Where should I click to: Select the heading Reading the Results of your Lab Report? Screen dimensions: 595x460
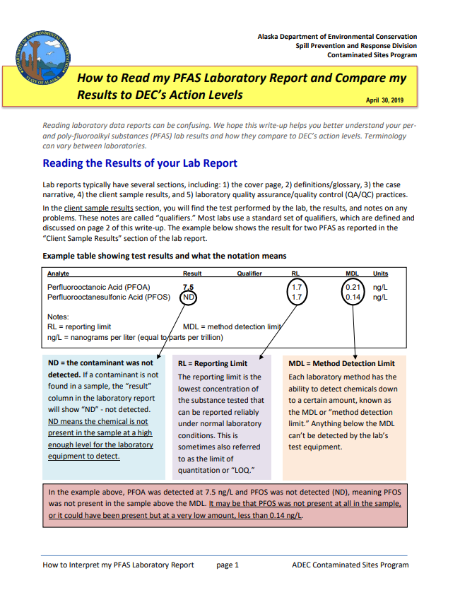(140, 164)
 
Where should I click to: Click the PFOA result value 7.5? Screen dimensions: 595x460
(189, 288)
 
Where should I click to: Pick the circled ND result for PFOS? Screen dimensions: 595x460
(189, 297)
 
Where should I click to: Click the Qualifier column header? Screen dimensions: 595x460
(249, 273)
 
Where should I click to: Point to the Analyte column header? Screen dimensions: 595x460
(59, 273)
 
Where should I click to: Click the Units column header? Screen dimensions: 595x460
(380, 273)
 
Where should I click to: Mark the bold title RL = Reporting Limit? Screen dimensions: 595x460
(213, 363)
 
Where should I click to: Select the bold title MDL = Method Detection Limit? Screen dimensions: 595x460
(341, 363)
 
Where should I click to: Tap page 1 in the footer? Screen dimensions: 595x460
(228, 565)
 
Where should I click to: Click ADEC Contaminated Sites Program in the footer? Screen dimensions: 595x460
(350, 565)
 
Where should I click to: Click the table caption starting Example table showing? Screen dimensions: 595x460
(165, 255)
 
